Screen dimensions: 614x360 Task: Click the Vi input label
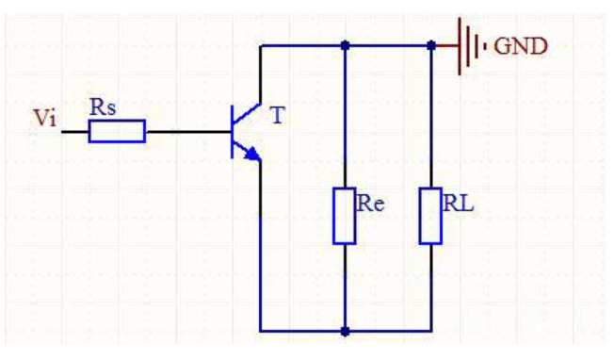(x=45, y=118)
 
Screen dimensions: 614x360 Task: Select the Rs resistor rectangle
(x=117, y=131)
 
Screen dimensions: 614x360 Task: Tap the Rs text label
(x=103, y=106)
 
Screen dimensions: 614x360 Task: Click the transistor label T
(x=278, y=116)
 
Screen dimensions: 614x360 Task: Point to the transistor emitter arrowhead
(x=253, y=154)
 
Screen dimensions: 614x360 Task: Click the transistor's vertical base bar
(x=233, y=132)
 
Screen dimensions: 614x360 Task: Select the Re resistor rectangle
(x=345, y=216)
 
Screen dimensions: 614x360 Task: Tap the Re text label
(x=370, y=204)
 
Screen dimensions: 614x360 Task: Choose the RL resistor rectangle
(x=430, y=216)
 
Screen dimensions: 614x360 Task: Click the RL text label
(x=459, y=204)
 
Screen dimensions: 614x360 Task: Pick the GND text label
(x=521, y=46)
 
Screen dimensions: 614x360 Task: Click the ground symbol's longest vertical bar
(x=460, y=46)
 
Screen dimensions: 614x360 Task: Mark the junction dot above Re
(x=345, y=46)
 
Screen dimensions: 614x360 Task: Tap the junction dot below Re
(x=345, y=332)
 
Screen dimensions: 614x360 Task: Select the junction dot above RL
(x=431, y=46)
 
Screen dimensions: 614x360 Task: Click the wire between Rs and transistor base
(x=188, y=132)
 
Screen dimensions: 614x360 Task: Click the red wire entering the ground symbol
(x=446, y=46)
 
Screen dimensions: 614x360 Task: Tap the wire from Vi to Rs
(x=75, y=132)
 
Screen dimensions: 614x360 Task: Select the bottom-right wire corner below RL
(x=431, y=332)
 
